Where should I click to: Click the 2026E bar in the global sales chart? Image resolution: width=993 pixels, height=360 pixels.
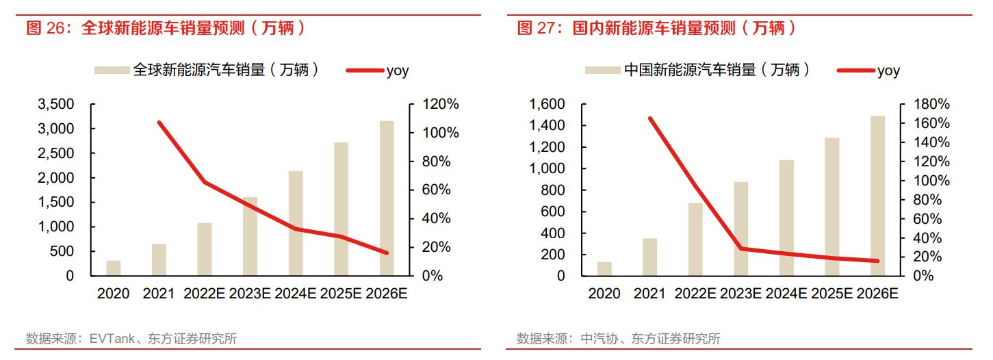(387, 198)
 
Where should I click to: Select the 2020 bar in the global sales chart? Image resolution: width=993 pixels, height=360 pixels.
(114, 268)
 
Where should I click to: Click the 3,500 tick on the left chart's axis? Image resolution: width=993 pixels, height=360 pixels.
(57, 105)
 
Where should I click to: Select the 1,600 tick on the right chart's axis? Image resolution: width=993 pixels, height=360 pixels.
(547, 105)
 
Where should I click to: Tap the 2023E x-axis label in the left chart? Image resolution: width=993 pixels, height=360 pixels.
(250, 294)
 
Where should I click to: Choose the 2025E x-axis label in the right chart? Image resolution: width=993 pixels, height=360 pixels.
(832, 294)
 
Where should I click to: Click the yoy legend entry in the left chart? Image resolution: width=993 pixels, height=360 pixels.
(398, 70)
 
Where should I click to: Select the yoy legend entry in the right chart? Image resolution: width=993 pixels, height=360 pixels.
(888, 70)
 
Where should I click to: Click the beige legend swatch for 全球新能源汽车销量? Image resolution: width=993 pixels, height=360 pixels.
(112, 70)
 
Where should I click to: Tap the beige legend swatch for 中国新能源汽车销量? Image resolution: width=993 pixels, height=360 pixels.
(602, 70)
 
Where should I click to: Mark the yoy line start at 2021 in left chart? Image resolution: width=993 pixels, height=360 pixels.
(159, 123)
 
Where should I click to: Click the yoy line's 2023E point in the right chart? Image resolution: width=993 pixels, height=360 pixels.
(741, 248)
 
